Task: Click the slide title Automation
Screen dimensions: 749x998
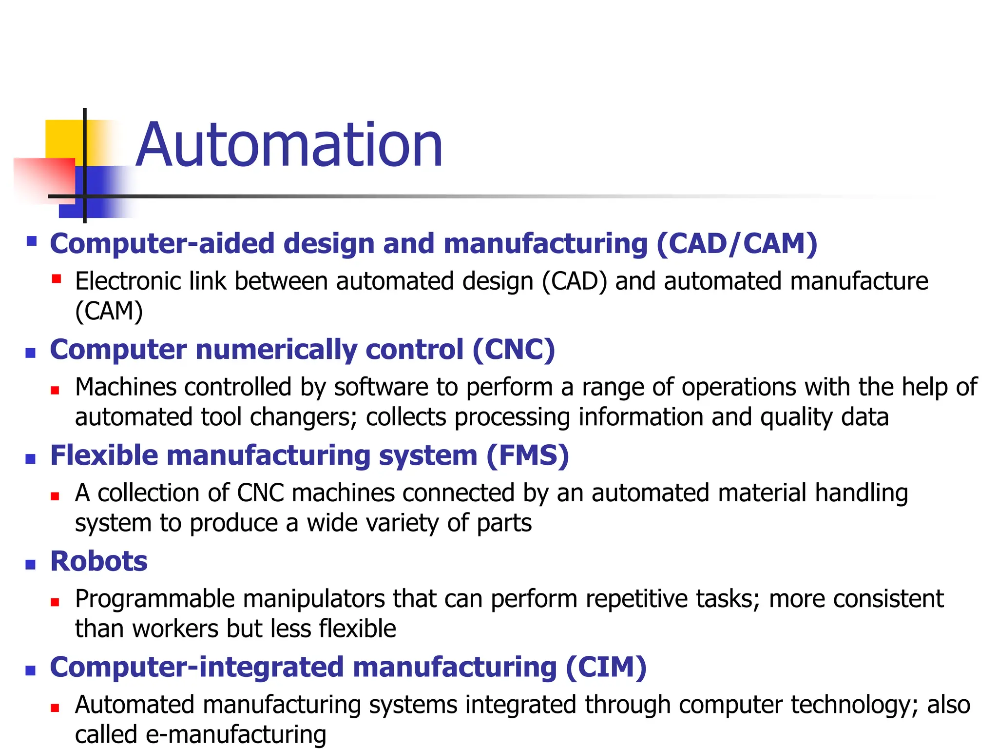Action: coord(289,145)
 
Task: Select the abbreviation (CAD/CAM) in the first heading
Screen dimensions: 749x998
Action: coord(736,243)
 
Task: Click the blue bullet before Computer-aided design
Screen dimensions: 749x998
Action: coord(32,241)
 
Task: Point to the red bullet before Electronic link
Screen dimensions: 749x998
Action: coord(57,279)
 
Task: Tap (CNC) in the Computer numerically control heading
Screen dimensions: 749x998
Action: coord(513,350)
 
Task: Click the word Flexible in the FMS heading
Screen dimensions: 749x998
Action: coord(104,455)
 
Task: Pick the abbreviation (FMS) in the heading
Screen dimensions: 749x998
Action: coord(527,455)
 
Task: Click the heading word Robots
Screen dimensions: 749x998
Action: coord(99,561)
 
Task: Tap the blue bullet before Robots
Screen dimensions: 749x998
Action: coord(31,565)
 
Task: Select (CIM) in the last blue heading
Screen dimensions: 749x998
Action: coord(606,667)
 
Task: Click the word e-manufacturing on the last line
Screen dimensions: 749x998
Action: coord(236,734)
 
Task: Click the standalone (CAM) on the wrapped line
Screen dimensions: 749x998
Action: coord(109,311)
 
